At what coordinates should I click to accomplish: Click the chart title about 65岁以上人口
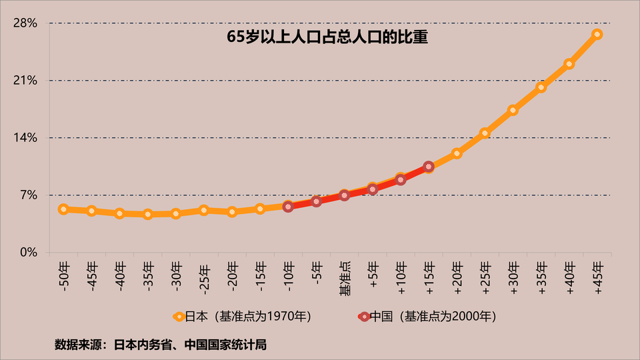coord(327,38)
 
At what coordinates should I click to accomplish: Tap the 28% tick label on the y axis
coord(25,23)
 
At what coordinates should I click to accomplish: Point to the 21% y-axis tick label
coord(25,81)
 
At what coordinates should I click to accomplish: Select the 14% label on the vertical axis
coord(25,138)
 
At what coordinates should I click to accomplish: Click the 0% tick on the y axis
coord(28,253)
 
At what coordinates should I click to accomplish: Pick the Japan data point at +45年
coord(597,34)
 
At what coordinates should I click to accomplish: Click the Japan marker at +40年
coord(569,64)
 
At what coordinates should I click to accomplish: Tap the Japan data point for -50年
coord(63,209)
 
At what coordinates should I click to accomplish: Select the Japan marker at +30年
coord(513,110)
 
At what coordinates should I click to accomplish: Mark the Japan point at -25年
coord(204,211)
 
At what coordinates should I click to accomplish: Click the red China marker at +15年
coord(429,167)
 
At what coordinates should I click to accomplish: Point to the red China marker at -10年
coord(288,207)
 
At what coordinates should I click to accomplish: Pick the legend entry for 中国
coord(427,315)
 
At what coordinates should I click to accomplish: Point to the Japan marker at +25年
coord(485,133)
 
